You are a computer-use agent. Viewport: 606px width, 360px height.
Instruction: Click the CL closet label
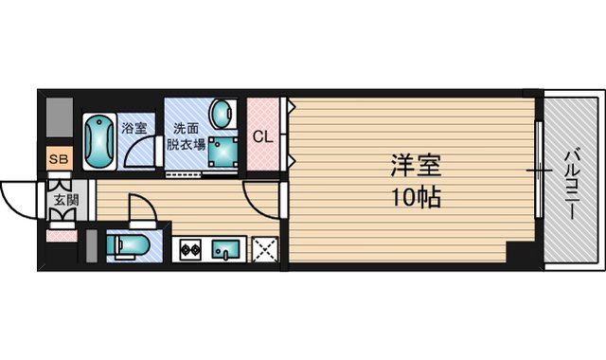tap(262, 135)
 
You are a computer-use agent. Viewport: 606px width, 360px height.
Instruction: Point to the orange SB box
tap(58, 159)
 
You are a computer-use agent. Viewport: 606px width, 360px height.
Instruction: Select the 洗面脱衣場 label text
tap(185, 136)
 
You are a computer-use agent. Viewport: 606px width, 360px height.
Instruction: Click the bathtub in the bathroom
tap(98, 142)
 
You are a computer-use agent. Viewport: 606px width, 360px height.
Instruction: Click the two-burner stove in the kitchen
tap(189, 250)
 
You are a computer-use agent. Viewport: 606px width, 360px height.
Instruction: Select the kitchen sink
tap(226, 250)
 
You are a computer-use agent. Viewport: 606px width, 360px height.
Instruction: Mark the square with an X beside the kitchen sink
tap(264, 249)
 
